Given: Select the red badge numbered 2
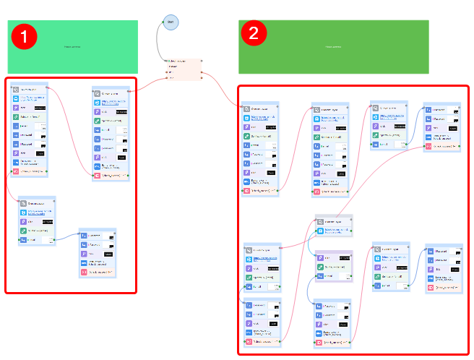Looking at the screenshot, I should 254,32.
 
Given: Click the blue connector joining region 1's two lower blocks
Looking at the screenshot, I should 67,236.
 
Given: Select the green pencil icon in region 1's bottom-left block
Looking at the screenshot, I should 24,231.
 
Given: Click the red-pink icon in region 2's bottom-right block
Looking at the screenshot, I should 430,288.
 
